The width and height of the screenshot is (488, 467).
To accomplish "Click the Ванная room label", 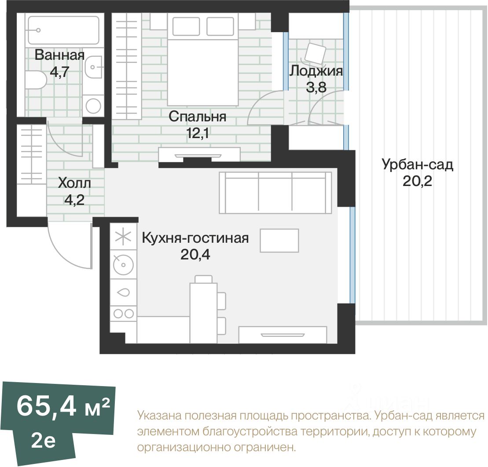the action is click(59, 55).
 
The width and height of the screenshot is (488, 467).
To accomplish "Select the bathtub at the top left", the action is click(63, 30).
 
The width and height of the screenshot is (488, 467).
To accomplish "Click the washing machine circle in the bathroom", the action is click(93, 106).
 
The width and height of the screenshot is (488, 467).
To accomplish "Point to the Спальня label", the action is click(197, 117).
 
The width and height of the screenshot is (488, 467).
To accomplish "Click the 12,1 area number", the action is click(197, 133).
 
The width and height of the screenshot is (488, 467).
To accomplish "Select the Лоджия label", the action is click(316, 71).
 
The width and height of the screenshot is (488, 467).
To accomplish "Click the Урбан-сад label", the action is click(417, 164).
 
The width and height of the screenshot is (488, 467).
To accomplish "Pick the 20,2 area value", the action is click(417, 181).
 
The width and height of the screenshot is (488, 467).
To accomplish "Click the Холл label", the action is click(74, 183).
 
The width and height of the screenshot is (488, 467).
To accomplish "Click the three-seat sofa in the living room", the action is click(275, 193).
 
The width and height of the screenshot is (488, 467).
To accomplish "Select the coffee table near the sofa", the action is click(279, 241).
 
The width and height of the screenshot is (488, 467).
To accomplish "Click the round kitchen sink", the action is click(123, 265).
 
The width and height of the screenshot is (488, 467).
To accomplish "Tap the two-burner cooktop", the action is click(124, 314).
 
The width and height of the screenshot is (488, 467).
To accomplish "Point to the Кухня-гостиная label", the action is click(195, 238).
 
